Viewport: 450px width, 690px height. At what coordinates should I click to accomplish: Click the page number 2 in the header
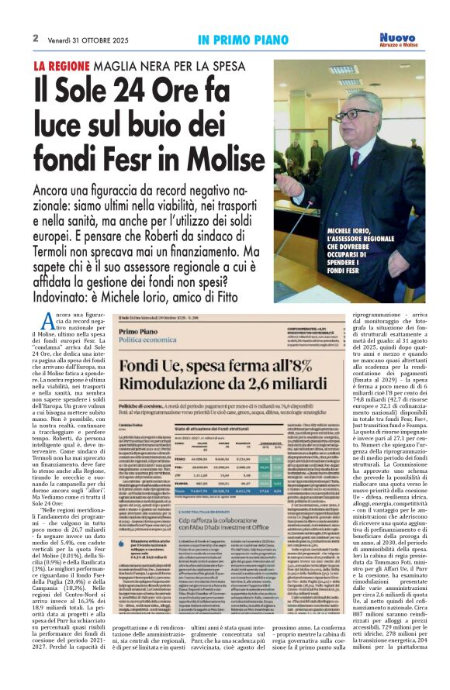tap(36, 38)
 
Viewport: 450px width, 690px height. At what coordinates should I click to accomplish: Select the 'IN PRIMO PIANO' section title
tap(237, 39)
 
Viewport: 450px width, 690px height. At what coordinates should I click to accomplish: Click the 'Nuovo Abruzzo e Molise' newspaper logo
tap(397, 40)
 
